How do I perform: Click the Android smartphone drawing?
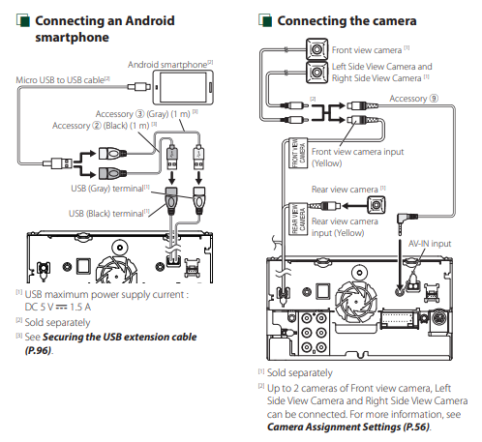coord(183,87)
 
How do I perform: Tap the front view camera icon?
coord(316,49)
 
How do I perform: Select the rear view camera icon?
coord(377,205)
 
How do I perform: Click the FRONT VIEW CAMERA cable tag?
coord(298,153)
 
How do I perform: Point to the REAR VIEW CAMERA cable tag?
coord(298,220)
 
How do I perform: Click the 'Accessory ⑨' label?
coord(413,99)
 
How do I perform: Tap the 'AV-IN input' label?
coord(430,244)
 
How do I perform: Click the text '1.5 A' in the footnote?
coord(80,307)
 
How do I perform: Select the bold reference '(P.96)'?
coord(38,350)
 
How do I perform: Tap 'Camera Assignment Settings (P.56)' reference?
coord(348,427)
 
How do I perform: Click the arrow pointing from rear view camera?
coord(354,205)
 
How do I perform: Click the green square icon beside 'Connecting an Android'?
coord(23,20)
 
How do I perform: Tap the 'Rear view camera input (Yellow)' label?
coord(345,227)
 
